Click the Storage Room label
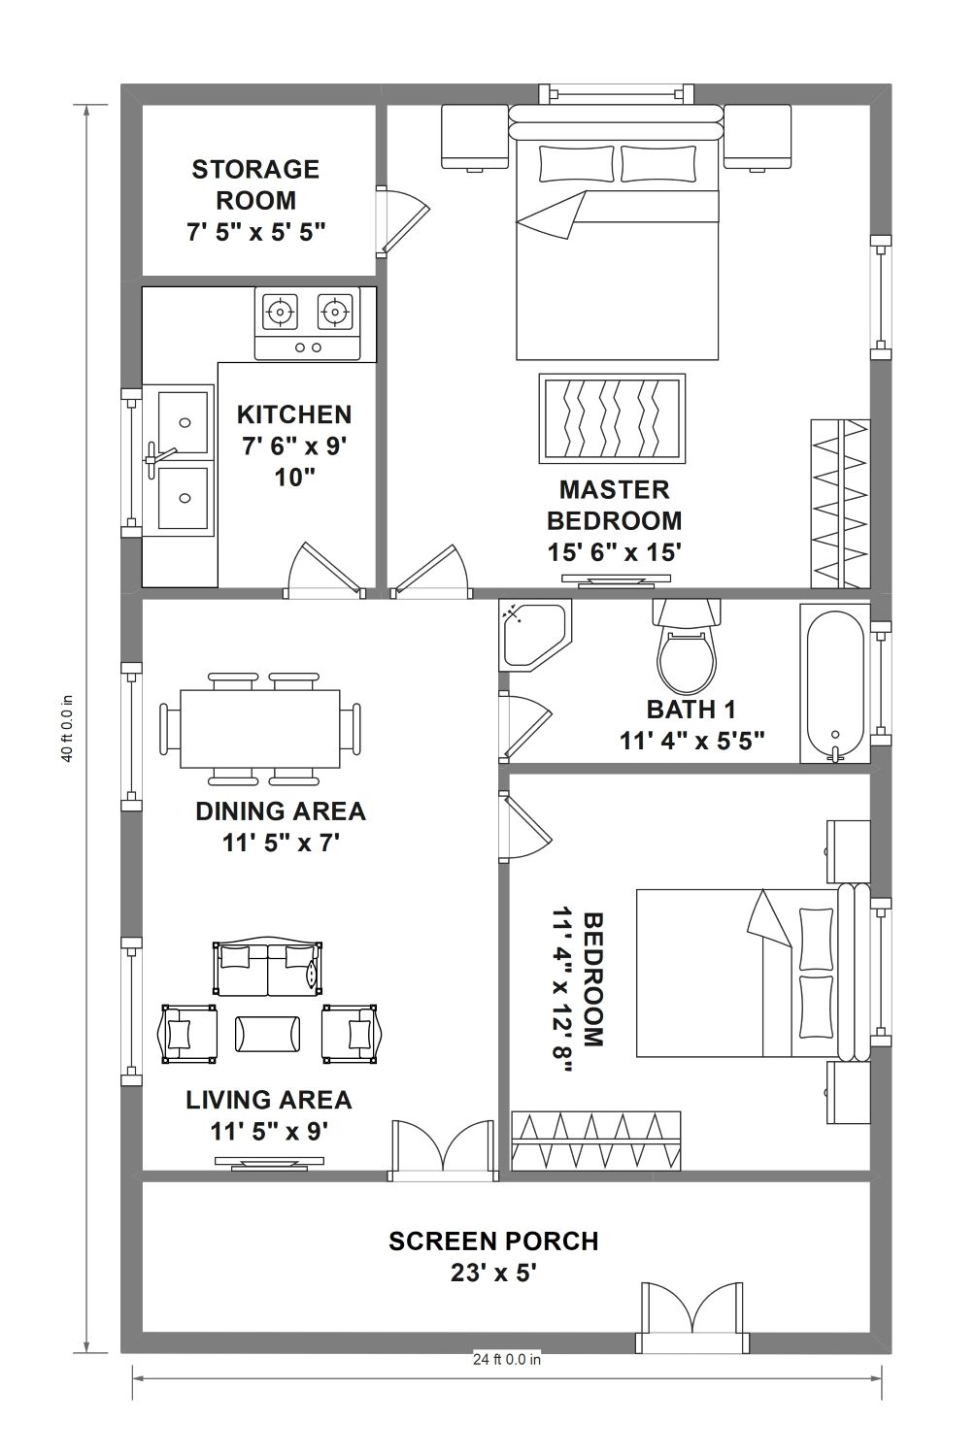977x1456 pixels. (255, 184)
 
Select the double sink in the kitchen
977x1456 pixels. (179, 460)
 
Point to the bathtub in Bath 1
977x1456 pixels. (835, 683)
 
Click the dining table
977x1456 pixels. (260, 729)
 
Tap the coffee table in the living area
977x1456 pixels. (267, 1034)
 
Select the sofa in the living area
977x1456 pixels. (267, 968)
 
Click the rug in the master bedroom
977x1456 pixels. (612, 418)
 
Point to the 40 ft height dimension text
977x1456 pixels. (67, 728)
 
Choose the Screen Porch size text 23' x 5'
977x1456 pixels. (493, 1273)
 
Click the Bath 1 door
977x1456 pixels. (525, 727)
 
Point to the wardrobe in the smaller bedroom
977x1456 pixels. (596, 1141)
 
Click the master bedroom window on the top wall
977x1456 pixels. (617, 94)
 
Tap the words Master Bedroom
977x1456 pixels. (614, 505)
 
